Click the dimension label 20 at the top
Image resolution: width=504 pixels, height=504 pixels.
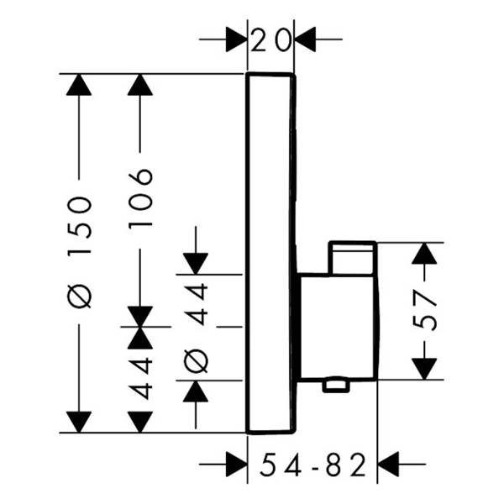coord(270,39)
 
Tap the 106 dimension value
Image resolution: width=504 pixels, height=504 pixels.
coord(140,199)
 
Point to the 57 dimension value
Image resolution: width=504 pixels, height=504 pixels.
coord(427,311)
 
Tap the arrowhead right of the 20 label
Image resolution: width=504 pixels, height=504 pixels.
coord(303,39)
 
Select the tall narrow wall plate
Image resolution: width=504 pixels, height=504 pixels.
coord(270,252)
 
